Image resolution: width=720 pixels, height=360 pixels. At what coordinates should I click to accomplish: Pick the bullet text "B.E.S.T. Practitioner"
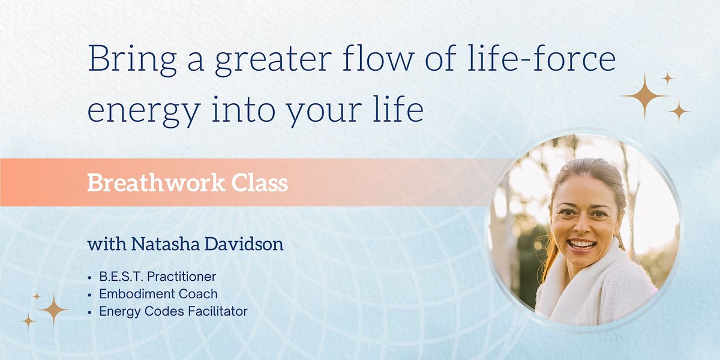pyautogui.click(x=157, y=277)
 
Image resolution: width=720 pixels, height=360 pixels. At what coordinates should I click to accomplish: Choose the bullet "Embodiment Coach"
pyautogui.click(x=158, y=294)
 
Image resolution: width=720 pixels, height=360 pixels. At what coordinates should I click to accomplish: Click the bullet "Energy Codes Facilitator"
pyautogui.click(x=173, y=311)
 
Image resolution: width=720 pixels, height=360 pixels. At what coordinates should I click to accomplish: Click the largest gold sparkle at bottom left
pyautogui.click(x=54, y=310)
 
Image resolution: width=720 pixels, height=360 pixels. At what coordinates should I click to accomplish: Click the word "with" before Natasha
pyautogui.click(x=103, y=245)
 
